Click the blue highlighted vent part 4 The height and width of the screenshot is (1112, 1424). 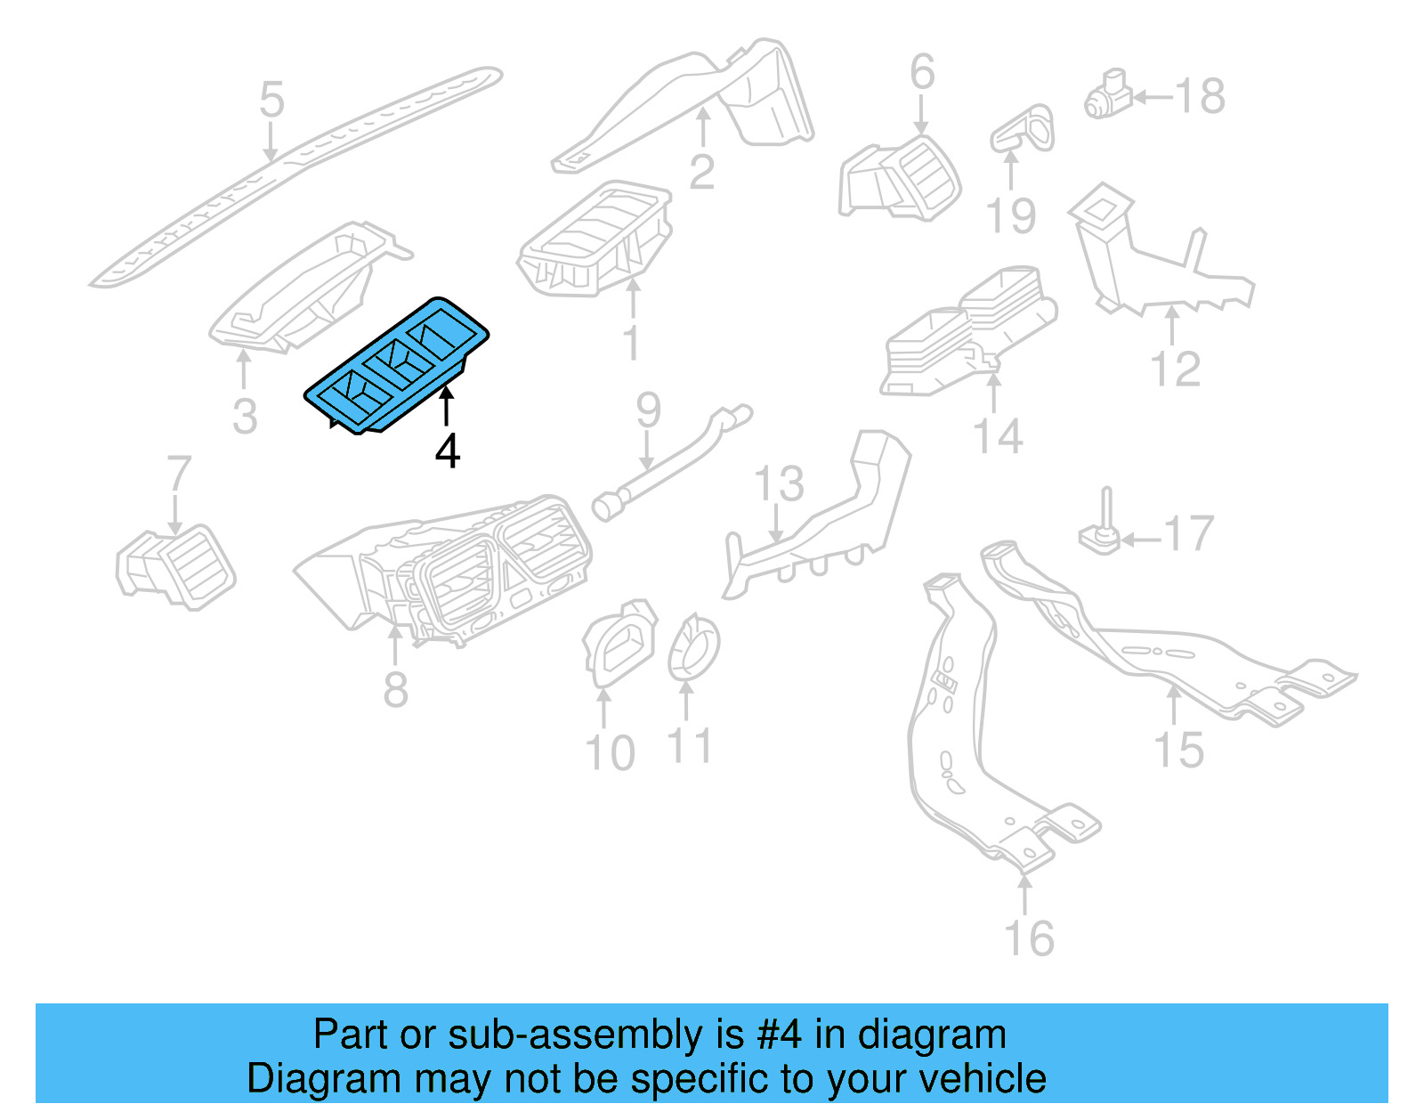click(397, 366)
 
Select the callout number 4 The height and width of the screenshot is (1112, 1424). click(447, 451)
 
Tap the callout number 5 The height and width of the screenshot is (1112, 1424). click(271, 100)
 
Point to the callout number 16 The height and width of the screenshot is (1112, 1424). click(1029, 939)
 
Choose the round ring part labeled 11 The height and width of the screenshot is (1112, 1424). click(693, 647)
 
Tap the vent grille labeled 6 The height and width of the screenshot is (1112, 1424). click(901, 178)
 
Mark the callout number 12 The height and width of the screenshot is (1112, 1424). click(1175, 369)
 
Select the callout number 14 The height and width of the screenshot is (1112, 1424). click(998, 437)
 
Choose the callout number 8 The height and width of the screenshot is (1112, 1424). click(396, 690)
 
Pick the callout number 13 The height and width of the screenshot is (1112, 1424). click(779, 484)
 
